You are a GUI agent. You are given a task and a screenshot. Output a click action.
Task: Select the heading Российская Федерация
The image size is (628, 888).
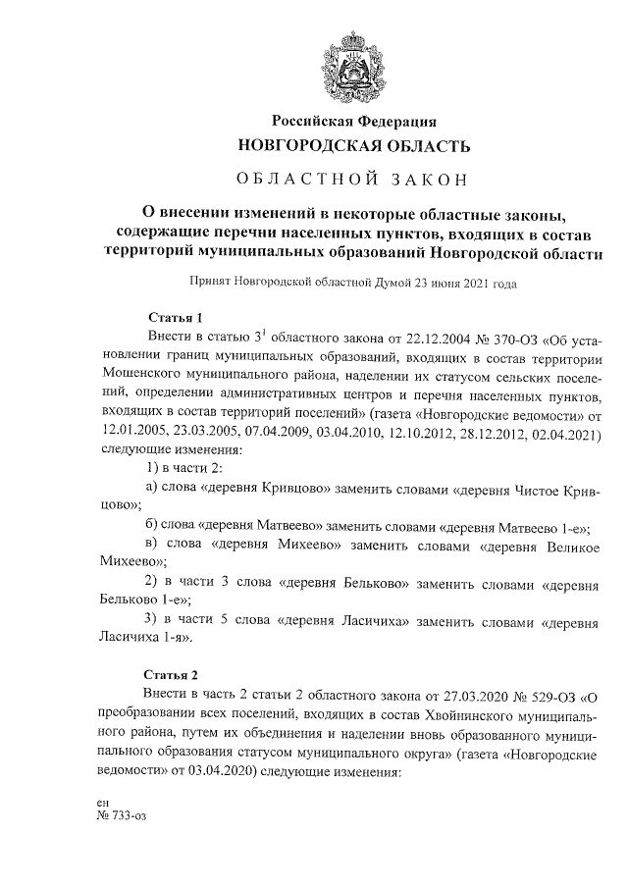pos(354,121)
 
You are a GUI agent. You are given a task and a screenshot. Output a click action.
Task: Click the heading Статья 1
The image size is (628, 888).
pos(174,318)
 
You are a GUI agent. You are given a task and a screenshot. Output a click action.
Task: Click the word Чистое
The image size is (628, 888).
pos(525,488)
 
